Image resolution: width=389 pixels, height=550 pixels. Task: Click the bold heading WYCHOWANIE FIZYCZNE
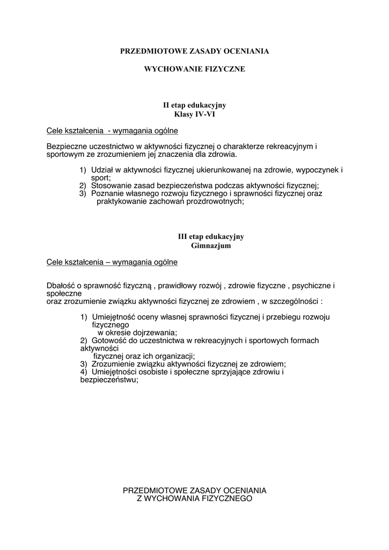pos(195,69)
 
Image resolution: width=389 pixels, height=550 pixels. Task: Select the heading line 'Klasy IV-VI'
pos(195,114)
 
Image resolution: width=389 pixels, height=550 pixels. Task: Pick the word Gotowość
pos(109,341)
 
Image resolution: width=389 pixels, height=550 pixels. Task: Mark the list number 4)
pos(83,372)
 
